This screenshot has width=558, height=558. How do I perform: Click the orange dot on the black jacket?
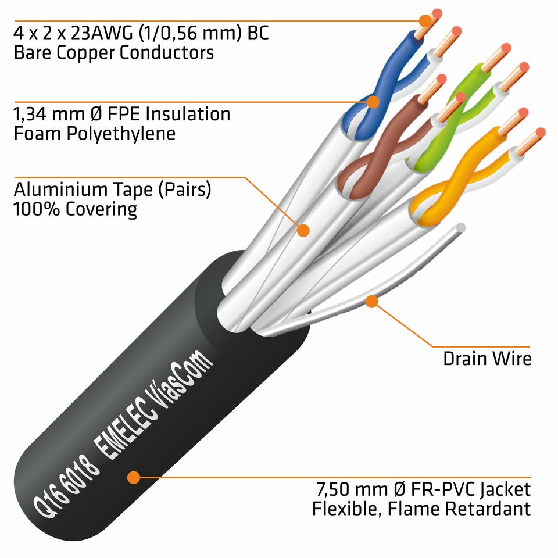click(x=134, y=478)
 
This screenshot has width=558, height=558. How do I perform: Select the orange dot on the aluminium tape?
click(x=303, y=230)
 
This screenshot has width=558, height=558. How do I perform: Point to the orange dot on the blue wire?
click(x=373, y=102)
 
